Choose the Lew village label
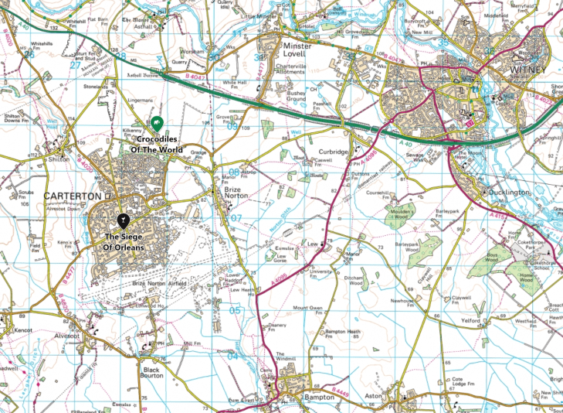point(313,244)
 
